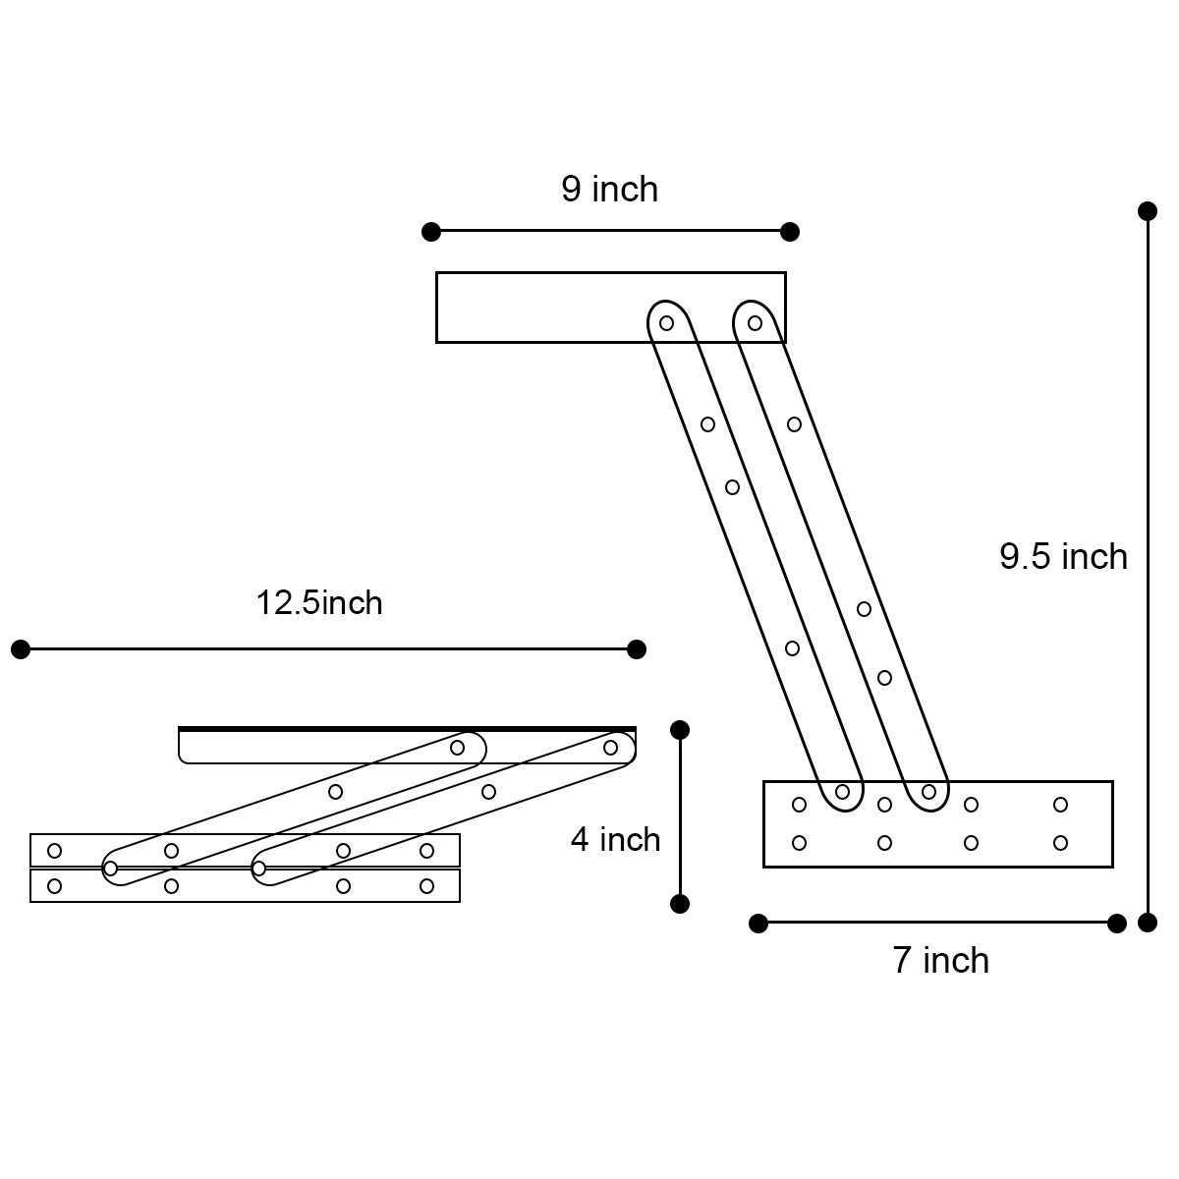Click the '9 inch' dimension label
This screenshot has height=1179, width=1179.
pyautogui.click(x=609, y=189)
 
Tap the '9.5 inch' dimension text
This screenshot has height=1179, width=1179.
pyautogui.click(x=1063, y=557)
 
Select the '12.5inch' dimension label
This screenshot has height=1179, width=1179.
pyautogui.click(x=318, y=602)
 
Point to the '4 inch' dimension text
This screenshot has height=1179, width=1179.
pyautogui.click(x=615, y=840)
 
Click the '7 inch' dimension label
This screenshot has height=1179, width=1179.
pyautogui.click(x=940, y=960)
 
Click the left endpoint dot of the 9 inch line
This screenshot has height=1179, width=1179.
pyautogui.click(x=430, y=232)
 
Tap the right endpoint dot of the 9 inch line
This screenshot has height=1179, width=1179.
pyautogui.click(x=790, y=232)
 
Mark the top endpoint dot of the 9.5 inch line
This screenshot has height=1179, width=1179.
pyautogui.click(x=1147, y=210)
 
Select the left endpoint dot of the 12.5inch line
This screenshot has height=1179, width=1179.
pyautogui.click(x=21, y=649)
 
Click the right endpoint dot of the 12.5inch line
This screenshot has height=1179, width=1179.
pyautogui.click(x=637, y=649)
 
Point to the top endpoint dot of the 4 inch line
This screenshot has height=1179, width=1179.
pyautogui.click(x=680, y=729)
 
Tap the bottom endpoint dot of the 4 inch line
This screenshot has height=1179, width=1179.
pyautogui.click(x=680, y=904)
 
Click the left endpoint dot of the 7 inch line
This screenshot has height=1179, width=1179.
pyautogui.click(x=758, y=924)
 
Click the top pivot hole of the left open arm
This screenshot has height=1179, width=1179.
pyautogui.click(x=666, y=323)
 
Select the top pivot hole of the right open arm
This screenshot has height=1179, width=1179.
pyautogui.click(x=755, y=323)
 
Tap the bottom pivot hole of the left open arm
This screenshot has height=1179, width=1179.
pyautogui.click(x=842, y=792)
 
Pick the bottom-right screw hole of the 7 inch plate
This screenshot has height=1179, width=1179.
pyautogui.click(x=1060, y=843)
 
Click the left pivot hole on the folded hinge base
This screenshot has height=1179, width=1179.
pyautogui.click(x=110, y=869)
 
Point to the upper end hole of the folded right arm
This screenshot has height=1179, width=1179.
pyautogui.click(x=610, y=748)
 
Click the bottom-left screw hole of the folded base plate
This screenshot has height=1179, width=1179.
pyautogui.click(x=55, y=886)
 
